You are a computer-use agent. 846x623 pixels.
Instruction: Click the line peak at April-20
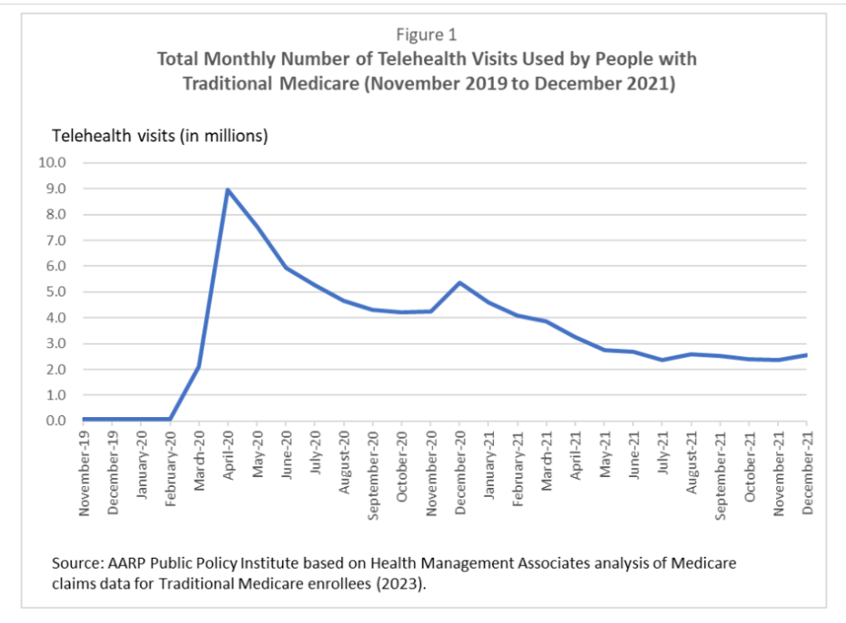[x=227, y=190]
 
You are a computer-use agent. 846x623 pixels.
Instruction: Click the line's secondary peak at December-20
[x=459, y=282]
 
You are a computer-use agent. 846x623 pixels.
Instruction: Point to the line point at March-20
[x=199, y=366]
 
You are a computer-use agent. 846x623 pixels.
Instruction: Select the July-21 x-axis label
[x=663, y=458]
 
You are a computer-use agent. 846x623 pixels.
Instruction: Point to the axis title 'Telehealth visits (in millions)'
[x=160, y=136]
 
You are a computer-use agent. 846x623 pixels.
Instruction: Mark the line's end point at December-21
[x=806, y=355]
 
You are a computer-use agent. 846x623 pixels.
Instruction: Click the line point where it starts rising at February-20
[x=170, y=419]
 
